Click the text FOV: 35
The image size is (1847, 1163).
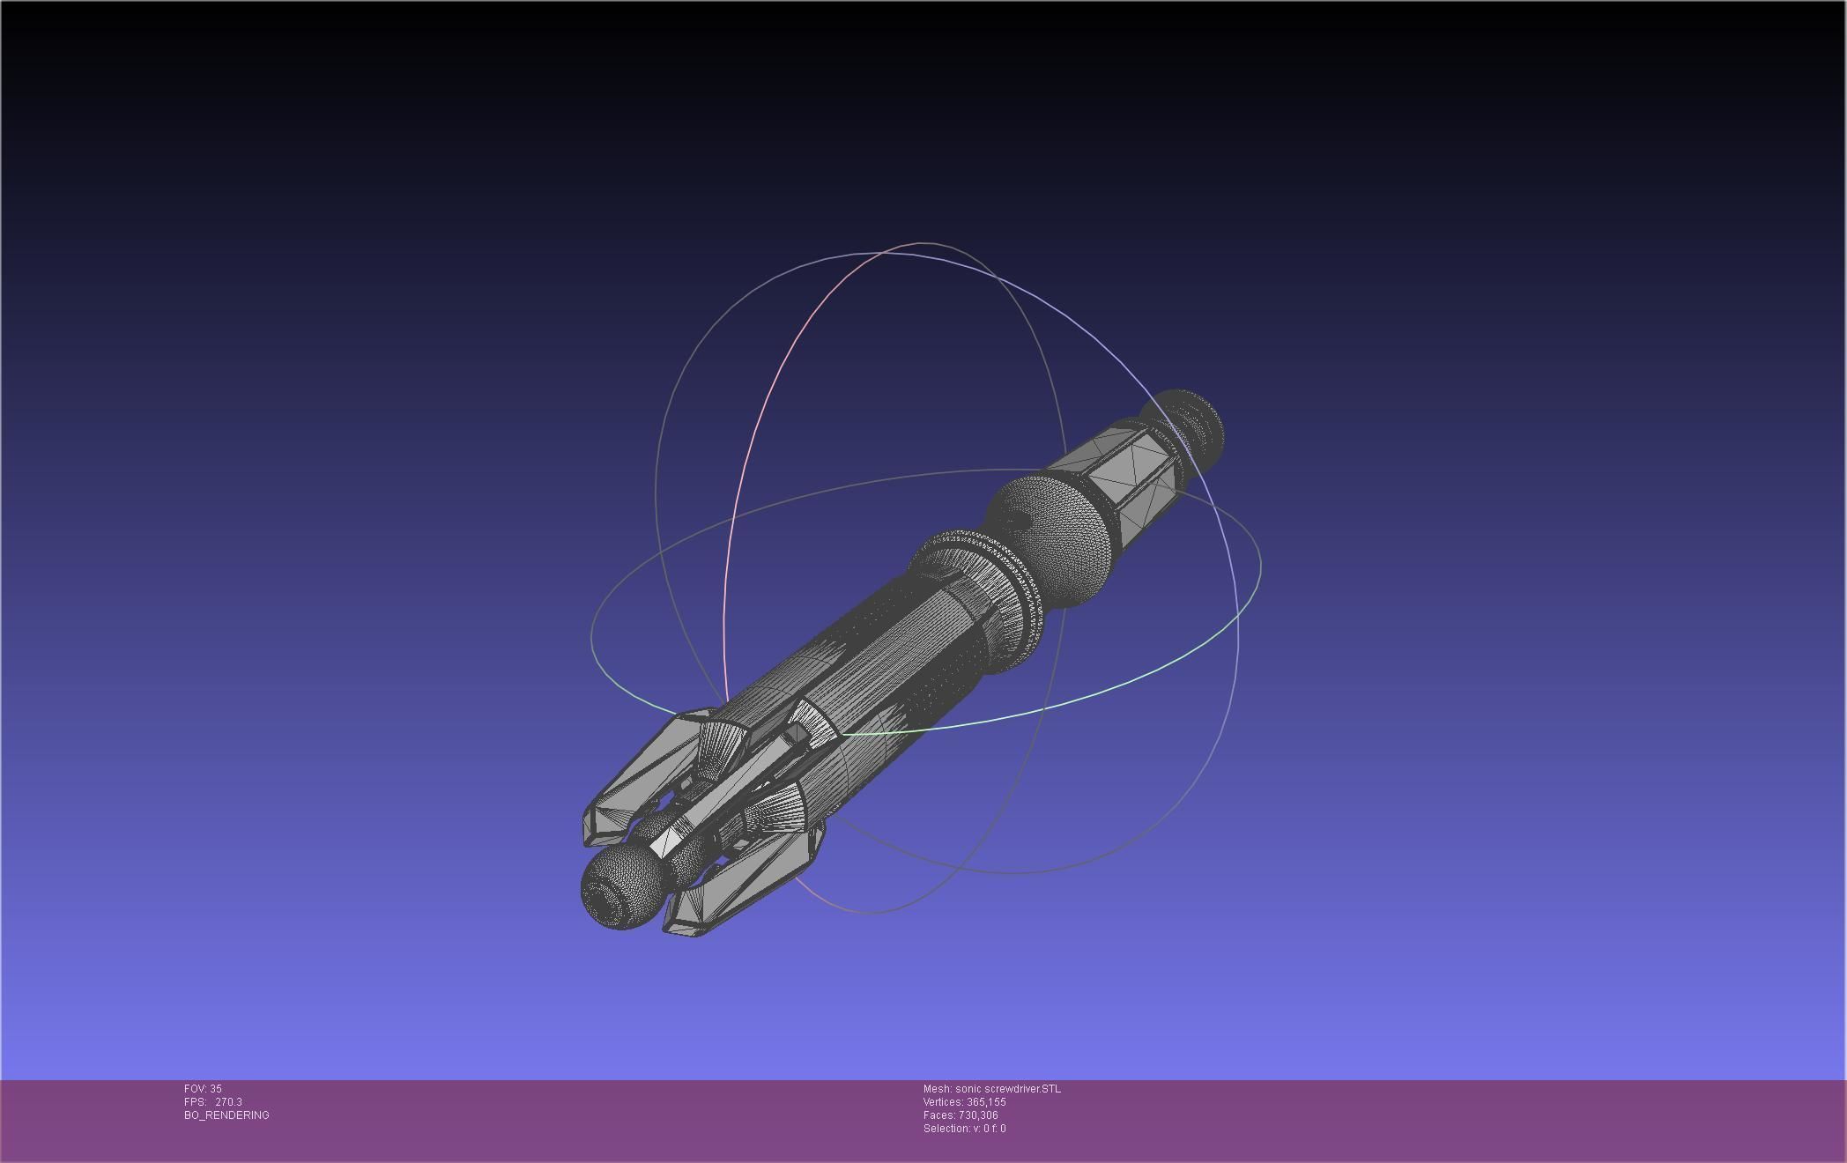click(203, 1089)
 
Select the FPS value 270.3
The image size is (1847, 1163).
click(228, 1102)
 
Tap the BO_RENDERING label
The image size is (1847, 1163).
click(226, 1115)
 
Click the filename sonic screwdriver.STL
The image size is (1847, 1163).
click(1008, 1089)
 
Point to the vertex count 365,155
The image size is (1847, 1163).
click(986, 1102)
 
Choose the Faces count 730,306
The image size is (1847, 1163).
click(978, 1115)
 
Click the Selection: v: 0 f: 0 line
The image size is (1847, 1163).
click(964, 1129)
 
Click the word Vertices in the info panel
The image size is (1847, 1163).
click(942, 1102)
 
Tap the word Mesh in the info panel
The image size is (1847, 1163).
click(937, 1089)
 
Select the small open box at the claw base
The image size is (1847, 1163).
click(797, 733)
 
